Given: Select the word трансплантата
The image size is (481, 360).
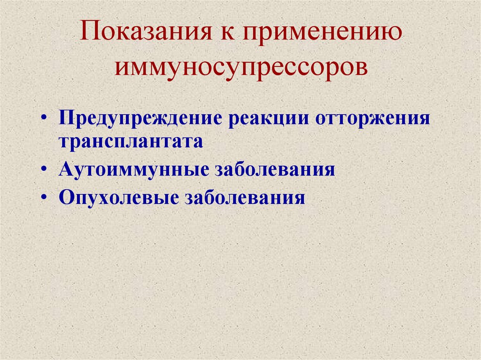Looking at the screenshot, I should click(x=131, y=142).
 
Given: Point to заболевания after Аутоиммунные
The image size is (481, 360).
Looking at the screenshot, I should click(x=275, y=169).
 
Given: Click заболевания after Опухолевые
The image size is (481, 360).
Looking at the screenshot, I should click(x=245, y=197).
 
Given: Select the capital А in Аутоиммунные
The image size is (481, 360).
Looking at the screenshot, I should click(x=65, y=169).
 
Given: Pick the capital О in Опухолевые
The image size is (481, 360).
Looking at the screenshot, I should click(x=66, y=197).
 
